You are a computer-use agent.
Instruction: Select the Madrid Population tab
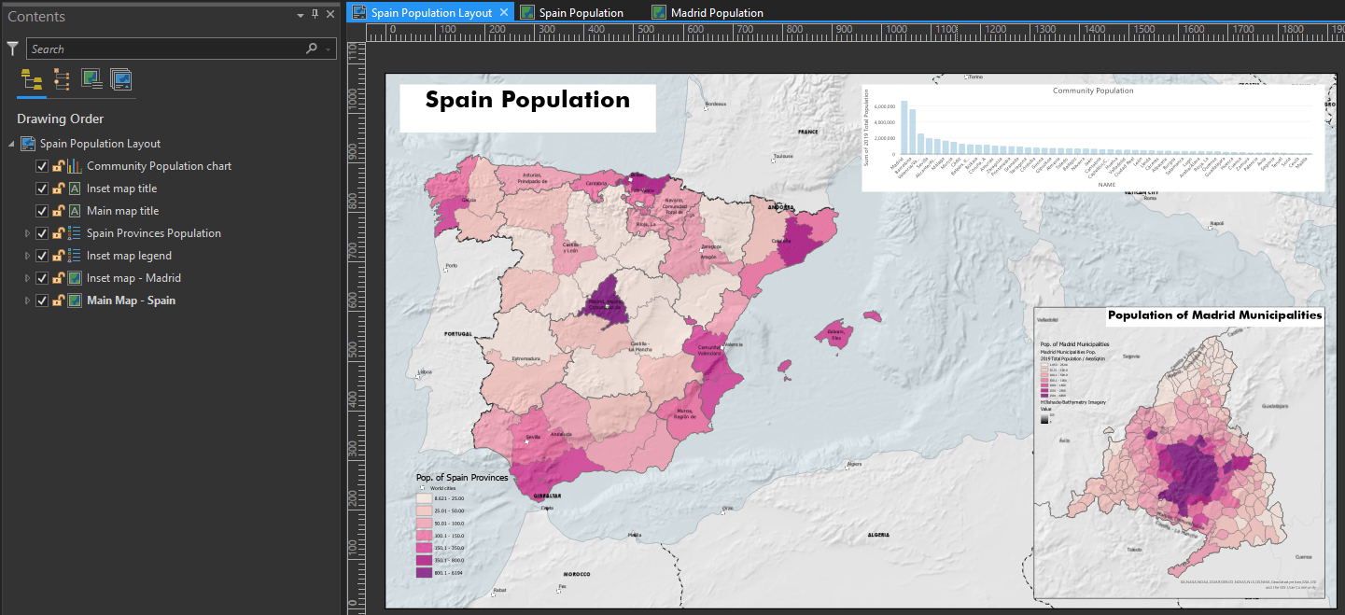[716, 13]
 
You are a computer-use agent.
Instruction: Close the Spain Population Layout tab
[504, 12]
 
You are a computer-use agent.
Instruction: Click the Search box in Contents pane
[168, 49]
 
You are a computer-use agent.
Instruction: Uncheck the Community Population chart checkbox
[42, 166]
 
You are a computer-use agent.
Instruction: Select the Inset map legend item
[129, 256]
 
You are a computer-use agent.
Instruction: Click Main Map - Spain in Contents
[131, 301]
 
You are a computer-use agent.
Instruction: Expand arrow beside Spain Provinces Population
[27, 233]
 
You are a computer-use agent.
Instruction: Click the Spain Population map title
[527, 101]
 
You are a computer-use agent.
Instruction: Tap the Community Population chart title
[1093, 91]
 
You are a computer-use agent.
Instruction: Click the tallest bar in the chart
[904, 129]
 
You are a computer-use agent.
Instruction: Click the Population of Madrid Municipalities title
[1214, 315]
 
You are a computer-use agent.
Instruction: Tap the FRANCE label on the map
[807, 133]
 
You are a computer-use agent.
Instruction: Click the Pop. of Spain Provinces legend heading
[462, 477]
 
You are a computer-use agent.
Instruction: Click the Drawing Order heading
[60, 119]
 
